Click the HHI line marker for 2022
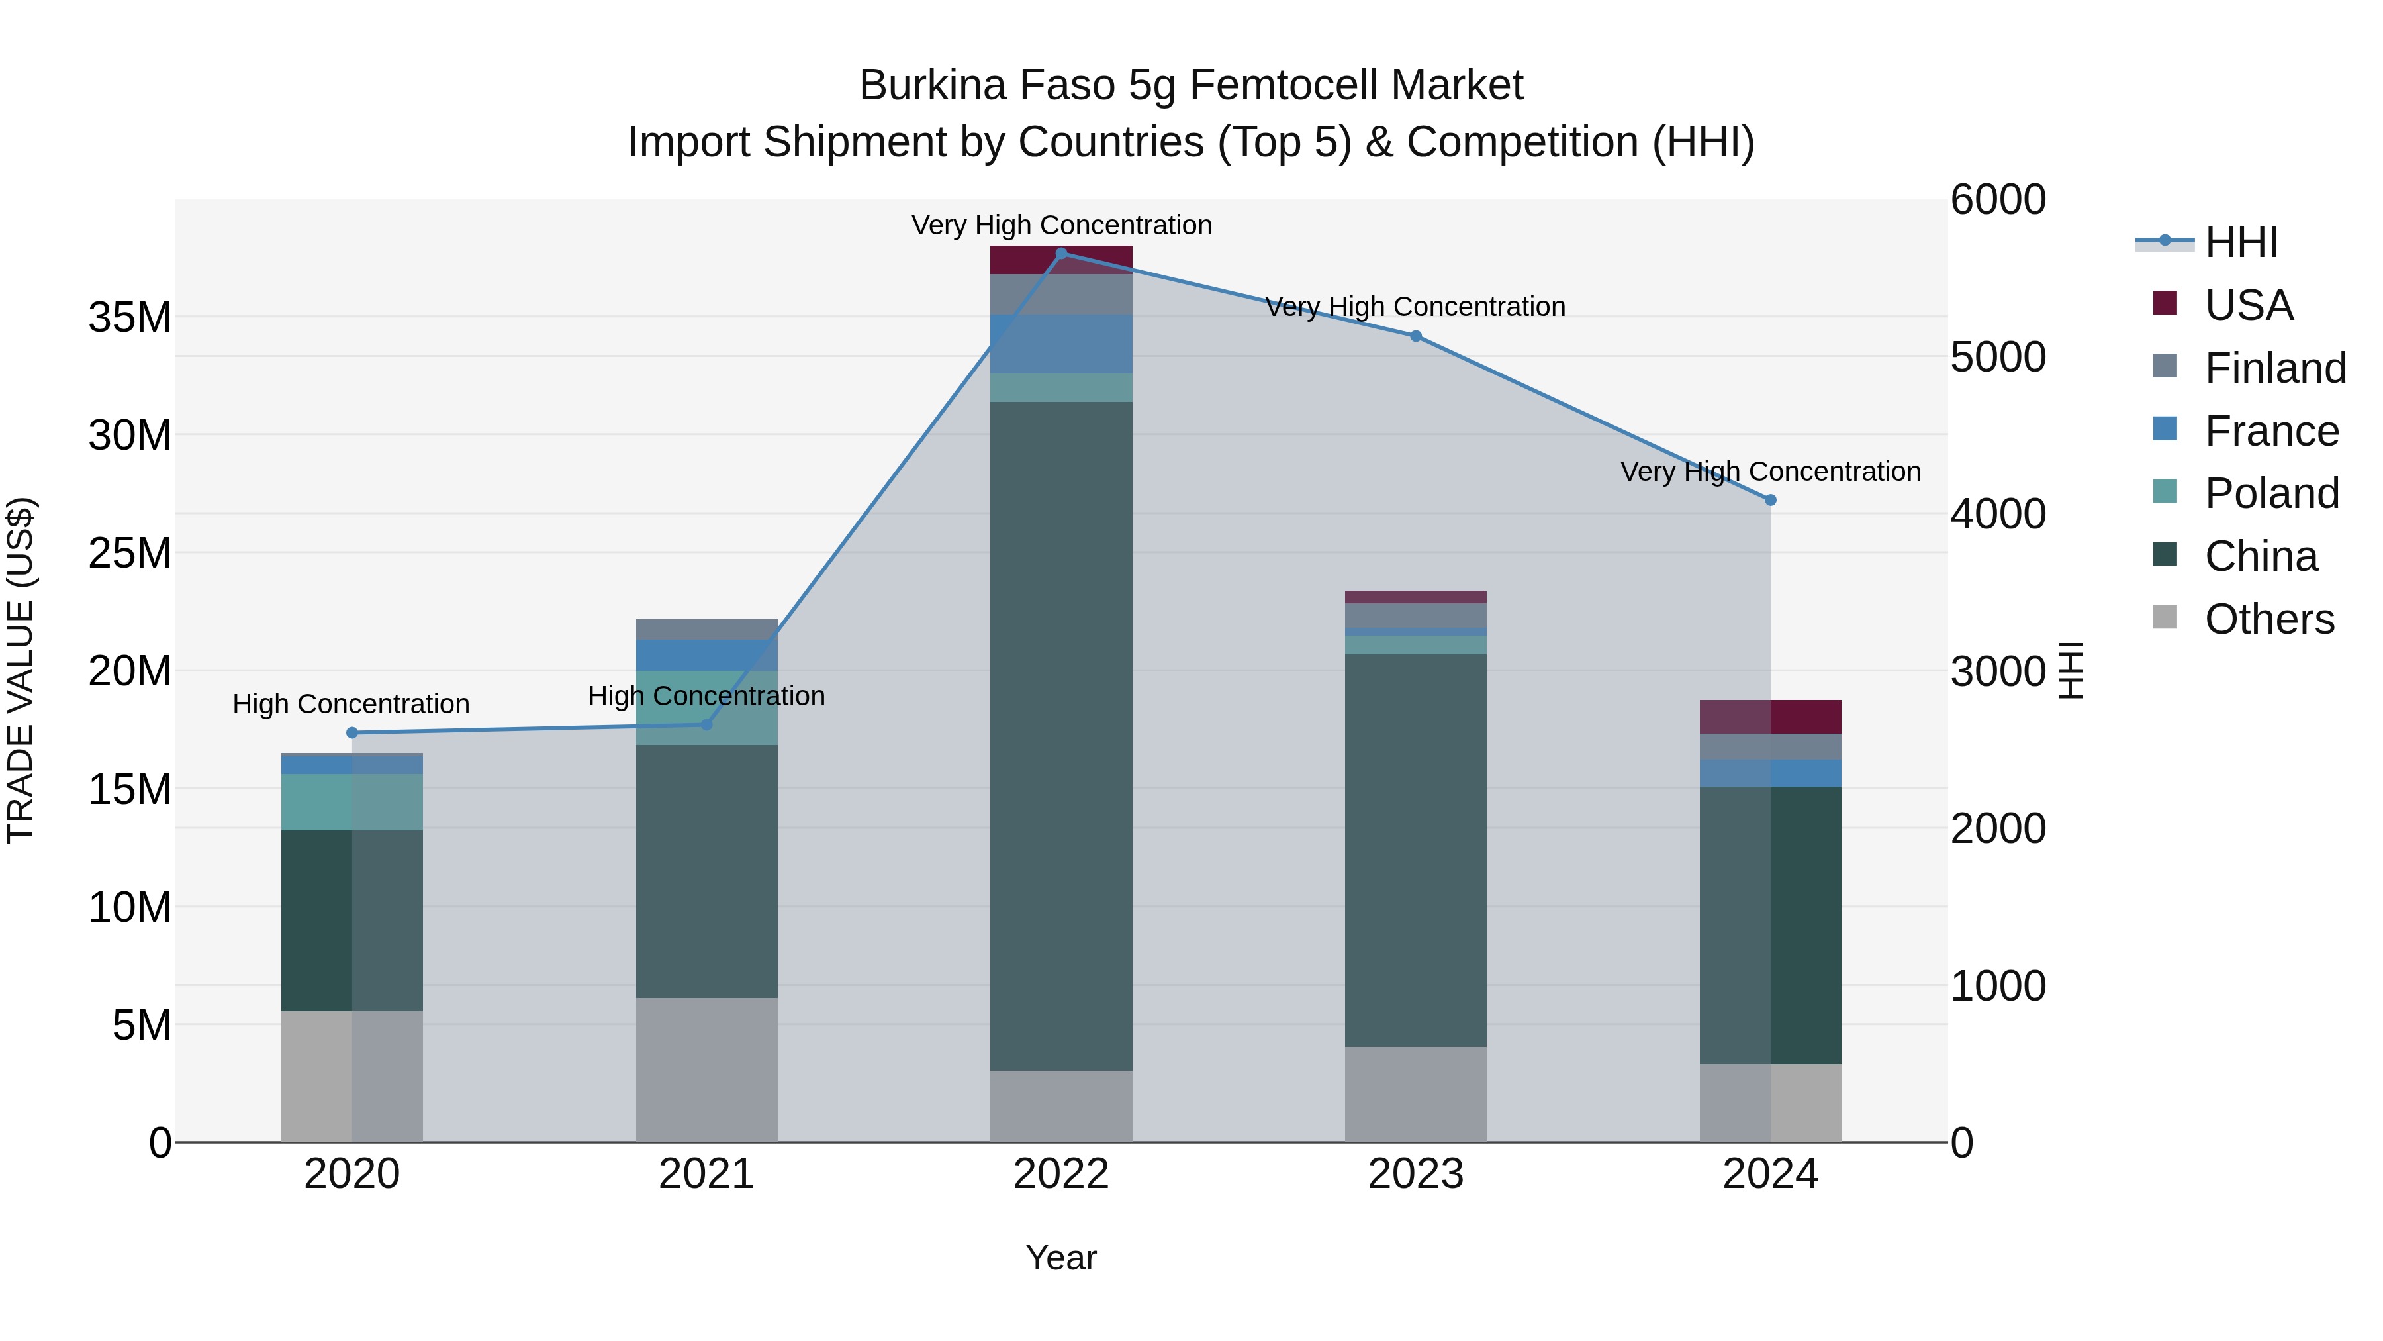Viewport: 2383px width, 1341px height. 1061,253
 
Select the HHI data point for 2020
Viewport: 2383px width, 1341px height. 351,733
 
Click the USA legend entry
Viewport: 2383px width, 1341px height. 2248,305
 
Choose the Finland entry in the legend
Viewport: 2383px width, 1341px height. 2274,368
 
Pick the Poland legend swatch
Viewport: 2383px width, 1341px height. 2166,492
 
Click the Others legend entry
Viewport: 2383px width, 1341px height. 2268,619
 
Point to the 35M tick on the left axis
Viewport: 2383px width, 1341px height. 130,317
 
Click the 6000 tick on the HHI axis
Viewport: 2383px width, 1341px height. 1998,200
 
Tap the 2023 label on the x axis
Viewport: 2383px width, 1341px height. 1415,1174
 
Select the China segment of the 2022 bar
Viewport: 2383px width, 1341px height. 1061,736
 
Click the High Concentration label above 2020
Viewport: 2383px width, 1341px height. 351,705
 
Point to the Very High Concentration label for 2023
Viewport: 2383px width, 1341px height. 1415,307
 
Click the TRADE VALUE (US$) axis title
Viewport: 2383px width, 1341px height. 21,670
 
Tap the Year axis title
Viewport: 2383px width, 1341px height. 1061,1258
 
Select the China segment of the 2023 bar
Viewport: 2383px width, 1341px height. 1415,850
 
